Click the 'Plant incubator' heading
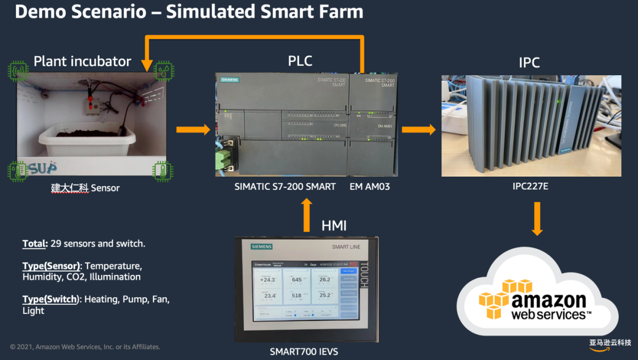[82, 61]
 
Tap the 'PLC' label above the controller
[300, 61]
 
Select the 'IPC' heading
[529, 62]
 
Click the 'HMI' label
[334, 225]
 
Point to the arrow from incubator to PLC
[193, 129]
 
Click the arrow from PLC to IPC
[418, 129]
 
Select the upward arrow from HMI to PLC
[306, 215]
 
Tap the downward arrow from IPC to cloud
[537, 218]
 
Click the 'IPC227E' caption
[530, 186]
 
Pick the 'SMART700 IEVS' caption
[304, 352]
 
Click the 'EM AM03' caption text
[370, 187]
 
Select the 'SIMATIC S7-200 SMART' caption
[285, 187]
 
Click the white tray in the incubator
[87, 140]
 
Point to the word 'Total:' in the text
[34, 244]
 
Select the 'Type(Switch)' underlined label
[51, 299]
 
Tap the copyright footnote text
[85, 347]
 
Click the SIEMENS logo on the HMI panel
[262, 247]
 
